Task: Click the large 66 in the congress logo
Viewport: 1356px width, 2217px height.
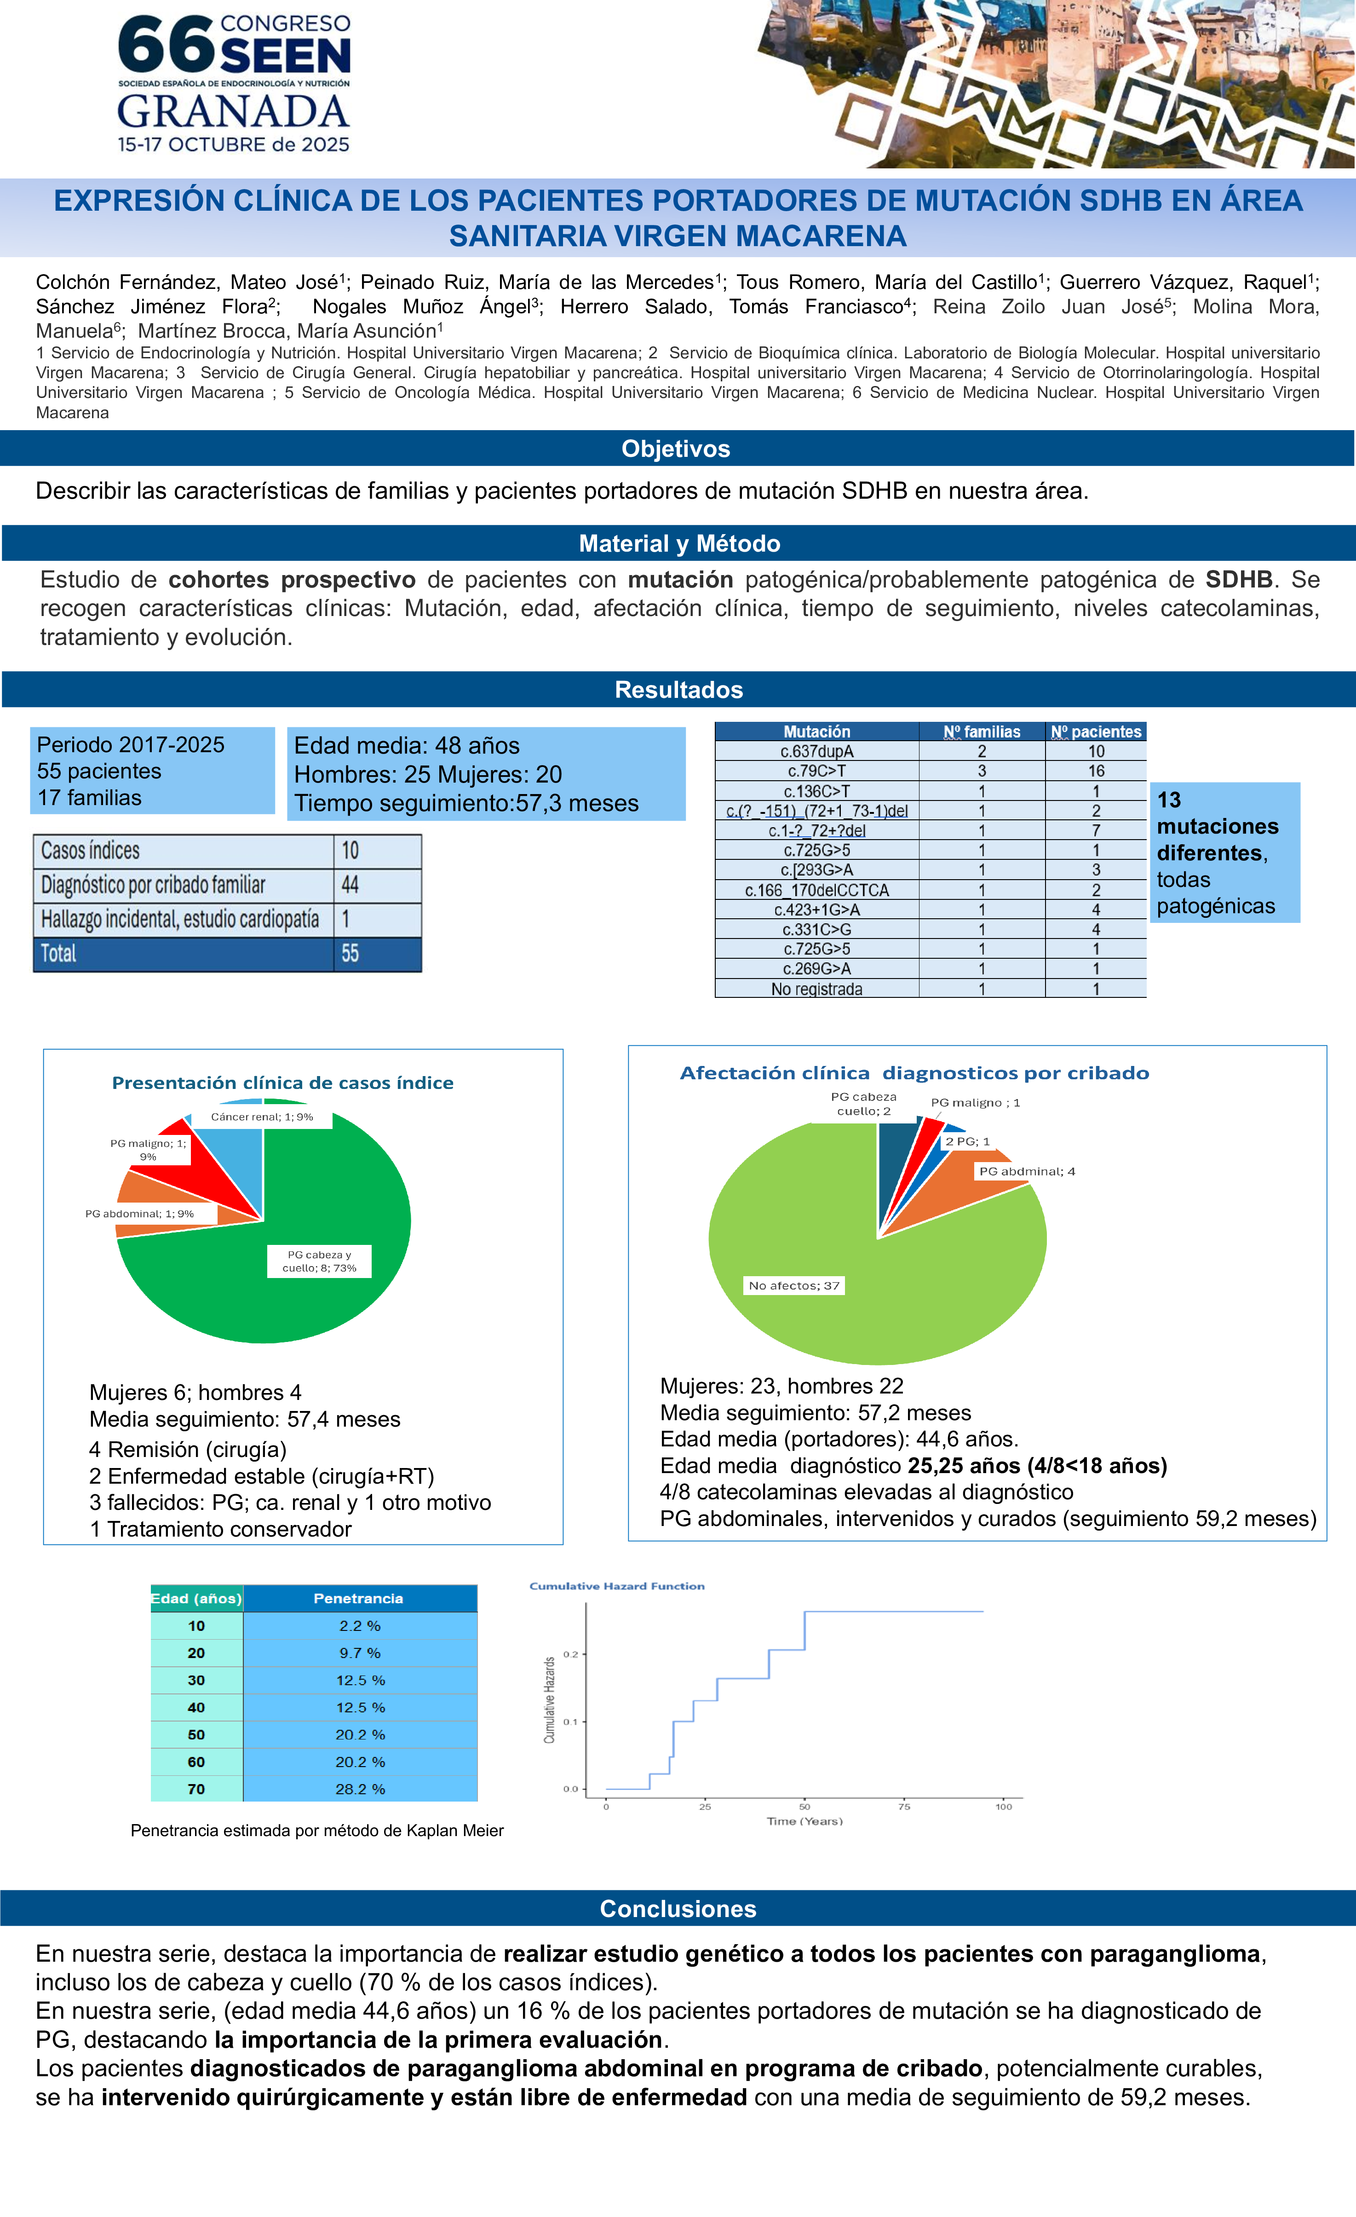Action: (x=167, y=45)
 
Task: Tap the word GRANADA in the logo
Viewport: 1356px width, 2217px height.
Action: (x=233, y=112)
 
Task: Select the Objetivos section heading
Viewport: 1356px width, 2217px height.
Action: (x=676, y=449)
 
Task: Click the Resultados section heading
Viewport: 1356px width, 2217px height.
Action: (x=678, y=690)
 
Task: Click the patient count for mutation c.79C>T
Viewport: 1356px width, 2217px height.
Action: (x=1095, y=771)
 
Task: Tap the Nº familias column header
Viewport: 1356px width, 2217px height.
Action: (x=982, y=731)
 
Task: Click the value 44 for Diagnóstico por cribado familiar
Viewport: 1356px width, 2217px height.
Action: (x=350, y=885)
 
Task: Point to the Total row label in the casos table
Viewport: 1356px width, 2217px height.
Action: (x=59, y=954)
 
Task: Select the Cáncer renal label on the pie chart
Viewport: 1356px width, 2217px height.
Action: (x=262, y=1117)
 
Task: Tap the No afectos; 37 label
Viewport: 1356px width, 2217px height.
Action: (x=793, y=1286)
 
